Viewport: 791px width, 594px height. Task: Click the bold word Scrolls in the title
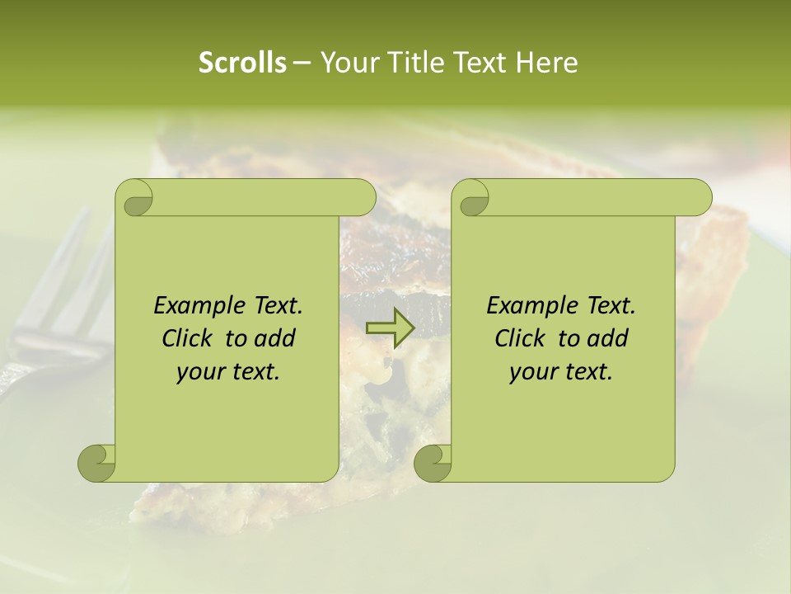[x=243, y=63]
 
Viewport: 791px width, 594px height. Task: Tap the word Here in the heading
[x=546, y=63]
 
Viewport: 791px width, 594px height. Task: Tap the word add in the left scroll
[x=274, y=338]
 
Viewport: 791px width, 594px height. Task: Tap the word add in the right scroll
[x=607, y=338]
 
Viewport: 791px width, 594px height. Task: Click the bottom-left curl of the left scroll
[x=97, y=463]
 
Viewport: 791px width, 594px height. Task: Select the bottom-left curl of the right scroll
[x=433, y=463]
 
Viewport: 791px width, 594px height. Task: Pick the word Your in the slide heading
[x=344, y=63]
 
